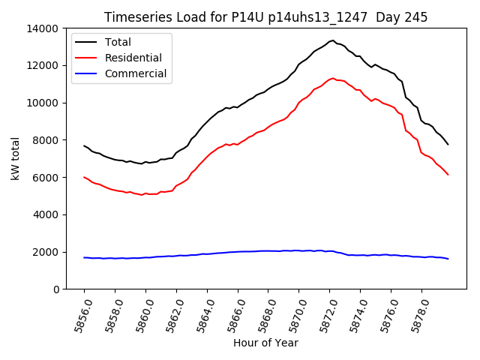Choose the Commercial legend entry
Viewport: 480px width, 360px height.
pyautogui.click(x=136, y=73)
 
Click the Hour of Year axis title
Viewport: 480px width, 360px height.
pyautogui.click(x=265, y=343)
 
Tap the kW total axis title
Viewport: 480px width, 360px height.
pyautogui.click(x=16, y=158)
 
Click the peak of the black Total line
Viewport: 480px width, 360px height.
pyautogui.click(x=332, y=40)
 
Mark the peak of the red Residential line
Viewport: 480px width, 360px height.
pyautogui.click(x=333, y=77)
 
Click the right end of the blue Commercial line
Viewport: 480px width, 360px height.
pyautogui.click(x=448, y=259)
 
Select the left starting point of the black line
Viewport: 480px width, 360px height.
pyautogui.click(x=84, y=145)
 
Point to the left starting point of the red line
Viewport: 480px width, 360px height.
pyautogui.click(x=84, y=177)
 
